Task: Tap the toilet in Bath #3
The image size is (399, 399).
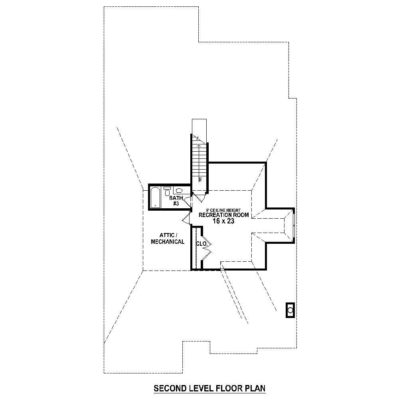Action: [167, 193]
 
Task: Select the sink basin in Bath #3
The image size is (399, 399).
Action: [180, 191]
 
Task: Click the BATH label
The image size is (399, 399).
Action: [176, 198]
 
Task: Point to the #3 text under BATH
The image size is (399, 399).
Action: [176, 203]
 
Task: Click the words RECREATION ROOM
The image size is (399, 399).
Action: [224, 215]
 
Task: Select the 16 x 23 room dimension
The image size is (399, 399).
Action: [223, 221]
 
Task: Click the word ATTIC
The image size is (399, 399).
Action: [167, 235]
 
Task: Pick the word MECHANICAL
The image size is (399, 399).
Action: [168, 242]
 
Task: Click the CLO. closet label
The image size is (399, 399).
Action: [201, 243]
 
